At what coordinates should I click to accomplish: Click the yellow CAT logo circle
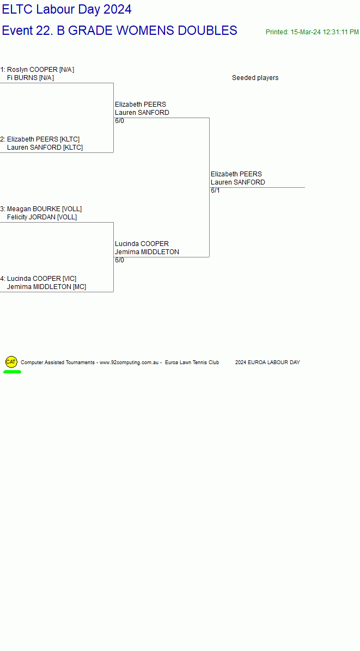[11, 362]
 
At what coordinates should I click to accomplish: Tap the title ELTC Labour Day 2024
[67, 9]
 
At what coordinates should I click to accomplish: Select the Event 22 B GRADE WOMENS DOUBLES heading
[120, 30]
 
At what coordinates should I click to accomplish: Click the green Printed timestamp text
[312, 32]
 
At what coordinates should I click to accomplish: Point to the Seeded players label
[255, 78]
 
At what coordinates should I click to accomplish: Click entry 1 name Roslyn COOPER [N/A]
[41, 70]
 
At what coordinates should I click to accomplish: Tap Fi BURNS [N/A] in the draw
[30, 78]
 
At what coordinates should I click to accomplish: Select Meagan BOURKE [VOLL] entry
[45, 209]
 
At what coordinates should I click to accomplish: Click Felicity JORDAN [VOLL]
[42, 217]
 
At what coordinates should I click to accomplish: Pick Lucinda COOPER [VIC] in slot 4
[41, 279]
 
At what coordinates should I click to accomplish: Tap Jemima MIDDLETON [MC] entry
[46, 287]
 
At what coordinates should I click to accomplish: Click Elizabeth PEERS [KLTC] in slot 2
[43, 139]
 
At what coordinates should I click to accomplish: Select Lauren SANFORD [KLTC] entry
[45, 148]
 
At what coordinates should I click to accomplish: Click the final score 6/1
[216, 191]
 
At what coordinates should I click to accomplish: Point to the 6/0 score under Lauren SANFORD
[120, 121]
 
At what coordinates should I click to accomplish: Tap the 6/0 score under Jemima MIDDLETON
[120, 260]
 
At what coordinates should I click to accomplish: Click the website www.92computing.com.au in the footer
[129, 363]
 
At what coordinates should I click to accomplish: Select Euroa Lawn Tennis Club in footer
[192, 363]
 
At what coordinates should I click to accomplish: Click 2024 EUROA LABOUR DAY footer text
[267, 363]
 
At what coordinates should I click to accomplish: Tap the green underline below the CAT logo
[12, 372]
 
